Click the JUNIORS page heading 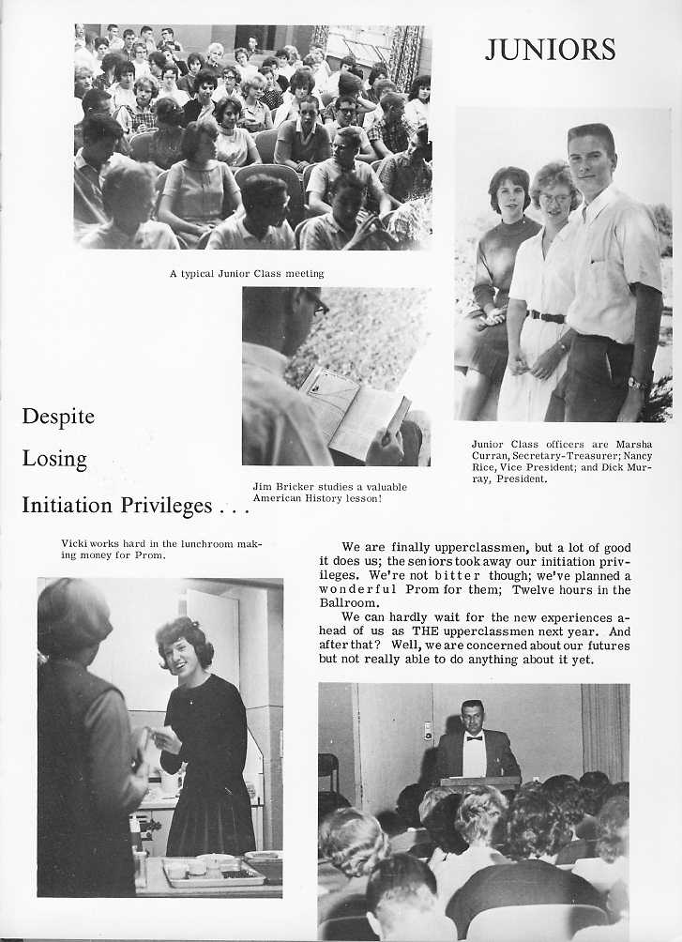[x=550, y=49]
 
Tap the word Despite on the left [x=58, y=417]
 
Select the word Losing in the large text [x=54, y=460]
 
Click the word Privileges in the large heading [x=165, y=506]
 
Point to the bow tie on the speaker [x=474, y=737]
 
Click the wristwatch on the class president [x=637, y=383]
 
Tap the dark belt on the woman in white [x=546, y=317]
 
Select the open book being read [x=354, y=410]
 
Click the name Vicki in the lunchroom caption [x=73, y=543]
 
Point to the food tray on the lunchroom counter [x=214, y=873]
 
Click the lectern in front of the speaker [x=480, y=782]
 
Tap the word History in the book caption [x=326, y=498]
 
